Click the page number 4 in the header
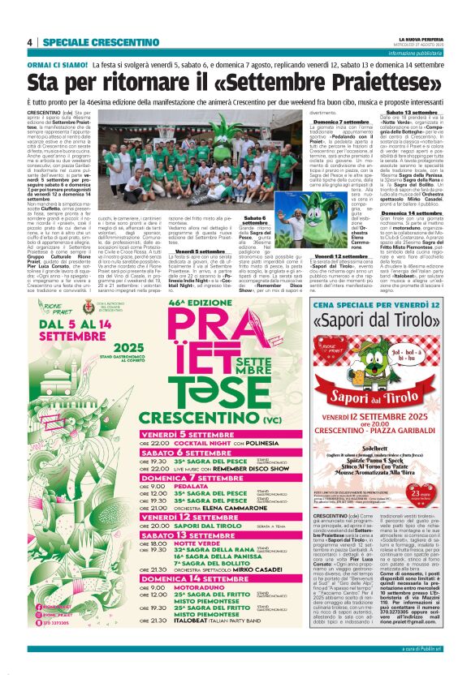pyautogui.click(x=29, y=42)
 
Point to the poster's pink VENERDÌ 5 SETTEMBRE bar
pyautogui.click(x=192, y=434)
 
